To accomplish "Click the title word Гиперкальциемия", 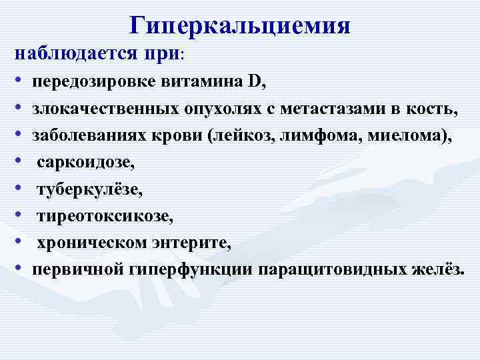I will click(240, 25).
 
